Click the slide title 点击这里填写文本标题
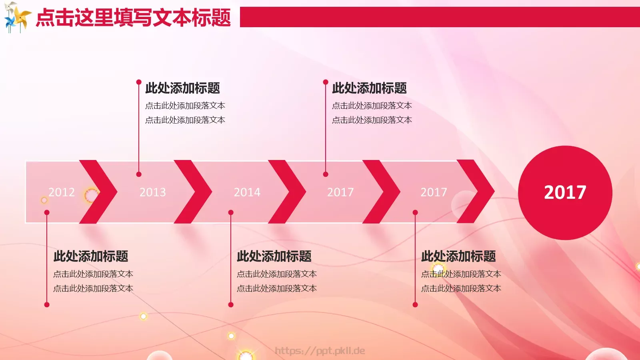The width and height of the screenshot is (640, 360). [x=133, y=18]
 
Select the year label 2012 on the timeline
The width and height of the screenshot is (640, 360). [x=62, y=192]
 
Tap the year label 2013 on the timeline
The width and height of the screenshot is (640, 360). [x=152, y=192]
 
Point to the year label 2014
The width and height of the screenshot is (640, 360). [x=247, y=192]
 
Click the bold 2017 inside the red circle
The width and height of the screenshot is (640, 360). [x=565, y=192]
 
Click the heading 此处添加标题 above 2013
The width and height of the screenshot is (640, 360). [x=182, y=88]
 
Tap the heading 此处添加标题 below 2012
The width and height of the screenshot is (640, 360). [x=91, y=256]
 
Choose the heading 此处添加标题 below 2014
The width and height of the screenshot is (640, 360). [x=274, y=256]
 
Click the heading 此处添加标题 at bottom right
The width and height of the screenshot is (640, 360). [x=458, y=256]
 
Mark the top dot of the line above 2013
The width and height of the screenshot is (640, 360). [x=139, y=82]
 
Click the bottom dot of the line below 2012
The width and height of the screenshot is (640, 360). [x=47, y=305]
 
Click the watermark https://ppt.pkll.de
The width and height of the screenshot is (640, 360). [x=320, y=351]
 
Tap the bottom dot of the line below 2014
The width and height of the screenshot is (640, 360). [x=231, y=305]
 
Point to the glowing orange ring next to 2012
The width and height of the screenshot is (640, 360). [x=91, y=195]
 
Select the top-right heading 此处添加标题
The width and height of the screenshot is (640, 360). [x=369, y=88]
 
